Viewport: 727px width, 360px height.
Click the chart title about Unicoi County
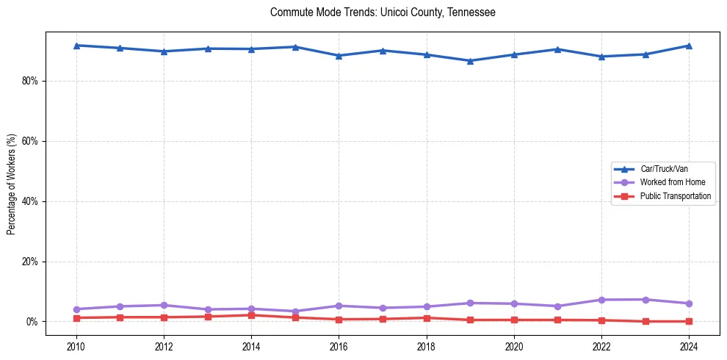(x=383, y=12)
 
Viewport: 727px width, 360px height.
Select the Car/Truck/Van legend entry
(x=664, y=169)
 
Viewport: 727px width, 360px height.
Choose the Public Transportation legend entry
(x=675, y=196)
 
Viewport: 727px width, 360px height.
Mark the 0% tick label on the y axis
(x=32, y=322)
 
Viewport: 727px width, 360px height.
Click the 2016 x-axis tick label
(x=339, y=347)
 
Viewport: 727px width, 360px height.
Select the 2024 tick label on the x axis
(x=689, y=347)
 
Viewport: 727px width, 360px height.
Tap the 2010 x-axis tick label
(x=76, y=347)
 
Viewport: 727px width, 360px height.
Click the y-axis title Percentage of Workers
(x=12, y=184)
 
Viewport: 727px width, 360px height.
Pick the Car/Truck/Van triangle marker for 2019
(x=470, y=61)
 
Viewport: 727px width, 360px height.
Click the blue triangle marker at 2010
(x=76, y=46)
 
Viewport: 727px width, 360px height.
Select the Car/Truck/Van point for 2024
(x=689, y=46)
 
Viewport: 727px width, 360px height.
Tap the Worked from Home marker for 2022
(x=601, y=300)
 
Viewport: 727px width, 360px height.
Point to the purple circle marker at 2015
(x=294, y=312)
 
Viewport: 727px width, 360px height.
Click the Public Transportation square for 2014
(x=251, y=315)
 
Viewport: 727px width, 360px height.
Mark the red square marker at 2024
(x=689, y=321)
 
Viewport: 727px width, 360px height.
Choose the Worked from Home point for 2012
(x=164, y=305)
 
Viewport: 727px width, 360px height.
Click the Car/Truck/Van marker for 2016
(x=339, y=56)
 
